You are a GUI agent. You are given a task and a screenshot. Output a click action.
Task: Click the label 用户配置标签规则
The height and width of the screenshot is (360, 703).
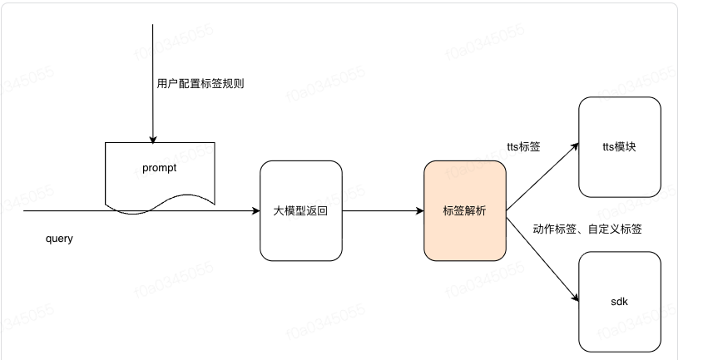(x=201, y=84)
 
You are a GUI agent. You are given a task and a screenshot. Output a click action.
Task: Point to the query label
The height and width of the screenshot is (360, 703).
(x=59, y=239)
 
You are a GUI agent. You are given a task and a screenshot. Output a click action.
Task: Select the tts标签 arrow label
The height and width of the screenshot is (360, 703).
(x=524, y=148)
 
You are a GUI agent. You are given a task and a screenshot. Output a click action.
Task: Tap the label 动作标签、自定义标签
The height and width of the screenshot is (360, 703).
(x=587, y=229)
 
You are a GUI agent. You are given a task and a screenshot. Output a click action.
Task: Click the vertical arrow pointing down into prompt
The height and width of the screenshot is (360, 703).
(x=153, y=83)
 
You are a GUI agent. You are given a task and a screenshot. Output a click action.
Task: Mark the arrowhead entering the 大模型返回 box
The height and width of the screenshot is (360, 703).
(x=255, y=210)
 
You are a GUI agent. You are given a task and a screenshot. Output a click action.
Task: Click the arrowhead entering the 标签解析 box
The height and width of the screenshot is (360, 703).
(x=419, y=210)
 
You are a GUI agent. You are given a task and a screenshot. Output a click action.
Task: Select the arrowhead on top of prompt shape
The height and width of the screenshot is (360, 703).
(x=153, y=138)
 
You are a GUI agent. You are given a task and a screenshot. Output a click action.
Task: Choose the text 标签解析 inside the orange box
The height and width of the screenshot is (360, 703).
(x=464, y=211)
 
